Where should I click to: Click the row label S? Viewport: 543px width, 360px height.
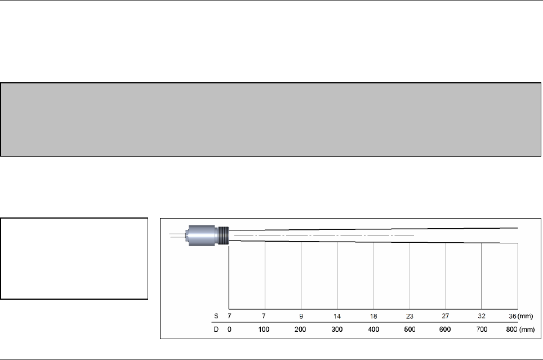coord(216,316)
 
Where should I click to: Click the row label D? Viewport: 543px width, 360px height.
coord(216,329)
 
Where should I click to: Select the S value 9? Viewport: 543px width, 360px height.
coord(301,317)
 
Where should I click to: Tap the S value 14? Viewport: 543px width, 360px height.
coord(337,317)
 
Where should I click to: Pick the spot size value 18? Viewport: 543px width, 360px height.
coord(373,317)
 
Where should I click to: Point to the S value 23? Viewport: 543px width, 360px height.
coord(410,317)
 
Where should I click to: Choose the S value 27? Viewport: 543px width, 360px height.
coord(446,316)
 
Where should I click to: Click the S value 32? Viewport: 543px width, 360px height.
coord(482,316)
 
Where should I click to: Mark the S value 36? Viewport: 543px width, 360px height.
coord(513,316)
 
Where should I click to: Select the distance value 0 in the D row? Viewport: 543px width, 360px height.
coord(229,329)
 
